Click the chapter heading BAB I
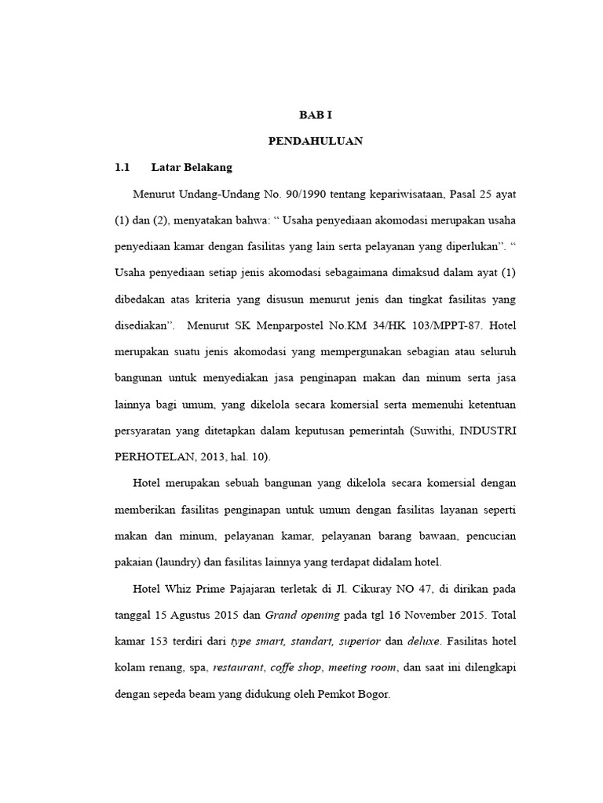(316, 114)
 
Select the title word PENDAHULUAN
(316, 141)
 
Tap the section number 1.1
(122, 167)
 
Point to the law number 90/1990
(280, 193)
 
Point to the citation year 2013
(224, 457)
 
